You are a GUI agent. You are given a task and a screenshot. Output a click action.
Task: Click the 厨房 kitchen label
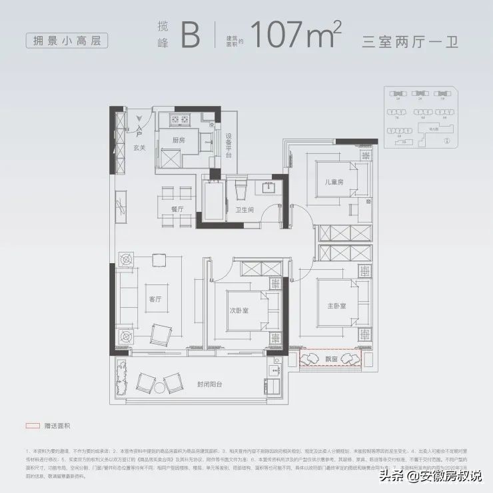(178, 141)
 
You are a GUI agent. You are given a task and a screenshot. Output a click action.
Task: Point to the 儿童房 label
(334, 183)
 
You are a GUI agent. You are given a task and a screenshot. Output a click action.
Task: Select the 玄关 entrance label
(139, 148)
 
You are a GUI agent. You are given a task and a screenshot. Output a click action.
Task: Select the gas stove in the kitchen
(180, 120)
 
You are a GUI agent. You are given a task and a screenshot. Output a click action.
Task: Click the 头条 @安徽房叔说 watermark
(430, 475)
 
